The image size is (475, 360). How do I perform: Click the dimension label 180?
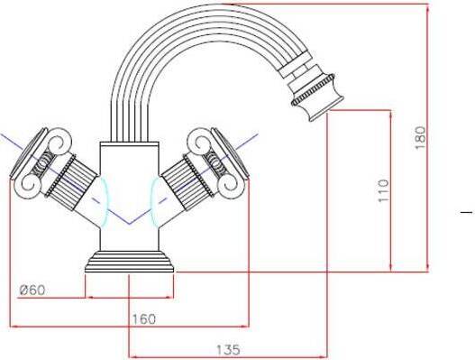tap(421, 137)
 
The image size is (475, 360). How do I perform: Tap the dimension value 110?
tap(383, 190)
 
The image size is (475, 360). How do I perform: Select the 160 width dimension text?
tap(144, 318)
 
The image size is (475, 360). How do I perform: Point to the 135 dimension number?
tap(228, 350)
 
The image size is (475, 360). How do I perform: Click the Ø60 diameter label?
tap(32, 291)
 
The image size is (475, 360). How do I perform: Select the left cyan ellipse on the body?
tap(104, 202)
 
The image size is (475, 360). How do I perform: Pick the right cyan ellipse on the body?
tap(155, 202)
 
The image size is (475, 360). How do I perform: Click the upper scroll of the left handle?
tap(58, 143)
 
